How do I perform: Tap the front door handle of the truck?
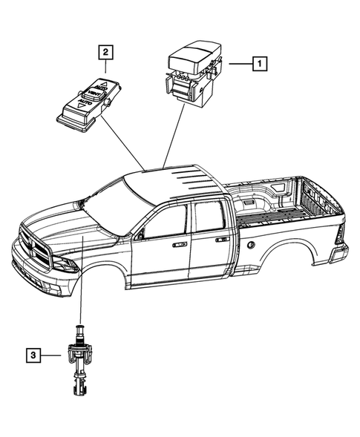pos(180,243)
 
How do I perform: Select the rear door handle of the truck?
pos(221,240)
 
